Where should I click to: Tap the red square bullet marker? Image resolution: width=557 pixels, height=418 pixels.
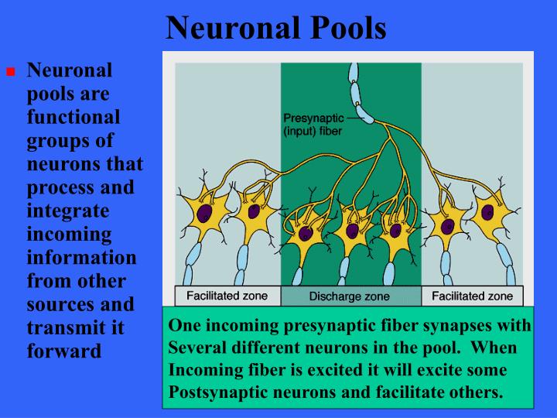[12, 72]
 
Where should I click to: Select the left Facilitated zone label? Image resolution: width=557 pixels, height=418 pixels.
[228, 296]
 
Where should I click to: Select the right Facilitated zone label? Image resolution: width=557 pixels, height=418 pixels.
[472, 296]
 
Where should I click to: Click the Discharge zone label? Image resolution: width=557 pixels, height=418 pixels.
[350, 296]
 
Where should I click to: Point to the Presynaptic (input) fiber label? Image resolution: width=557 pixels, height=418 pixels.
[312, 125]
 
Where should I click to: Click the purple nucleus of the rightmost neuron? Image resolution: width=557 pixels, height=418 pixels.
[488, 211]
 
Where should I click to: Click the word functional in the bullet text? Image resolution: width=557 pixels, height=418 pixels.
[74, 118]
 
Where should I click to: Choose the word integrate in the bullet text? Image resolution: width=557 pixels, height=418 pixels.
[65, 211]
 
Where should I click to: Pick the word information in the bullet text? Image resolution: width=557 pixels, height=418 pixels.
[81, 257]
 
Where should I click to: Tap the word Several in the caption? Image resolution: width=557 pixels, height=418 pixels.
[196, 348]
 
